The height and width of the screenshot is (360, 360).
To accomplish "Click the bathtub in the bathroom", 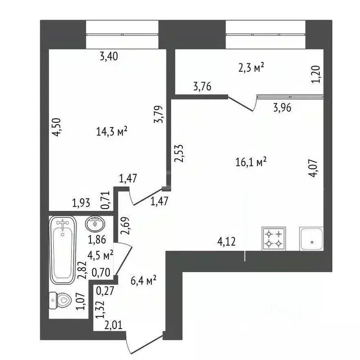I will pos(63,251).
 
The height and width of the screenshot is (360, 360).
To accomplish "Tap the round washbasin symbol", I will pos(97,224).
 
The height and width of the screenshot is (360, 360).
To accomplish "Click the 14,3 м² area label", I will pos(112,132).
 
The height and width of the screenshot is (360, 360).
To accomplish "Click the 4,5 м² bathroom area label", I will pos(101,255).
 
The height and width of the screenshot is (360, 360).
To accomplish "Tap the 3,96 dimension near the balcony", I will pos(283,107).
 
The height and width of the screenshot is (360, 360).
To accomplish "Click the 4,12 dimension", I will pos(226,242).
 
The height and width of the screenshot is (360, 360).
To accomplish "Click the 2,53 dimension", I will pos(179,153).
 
